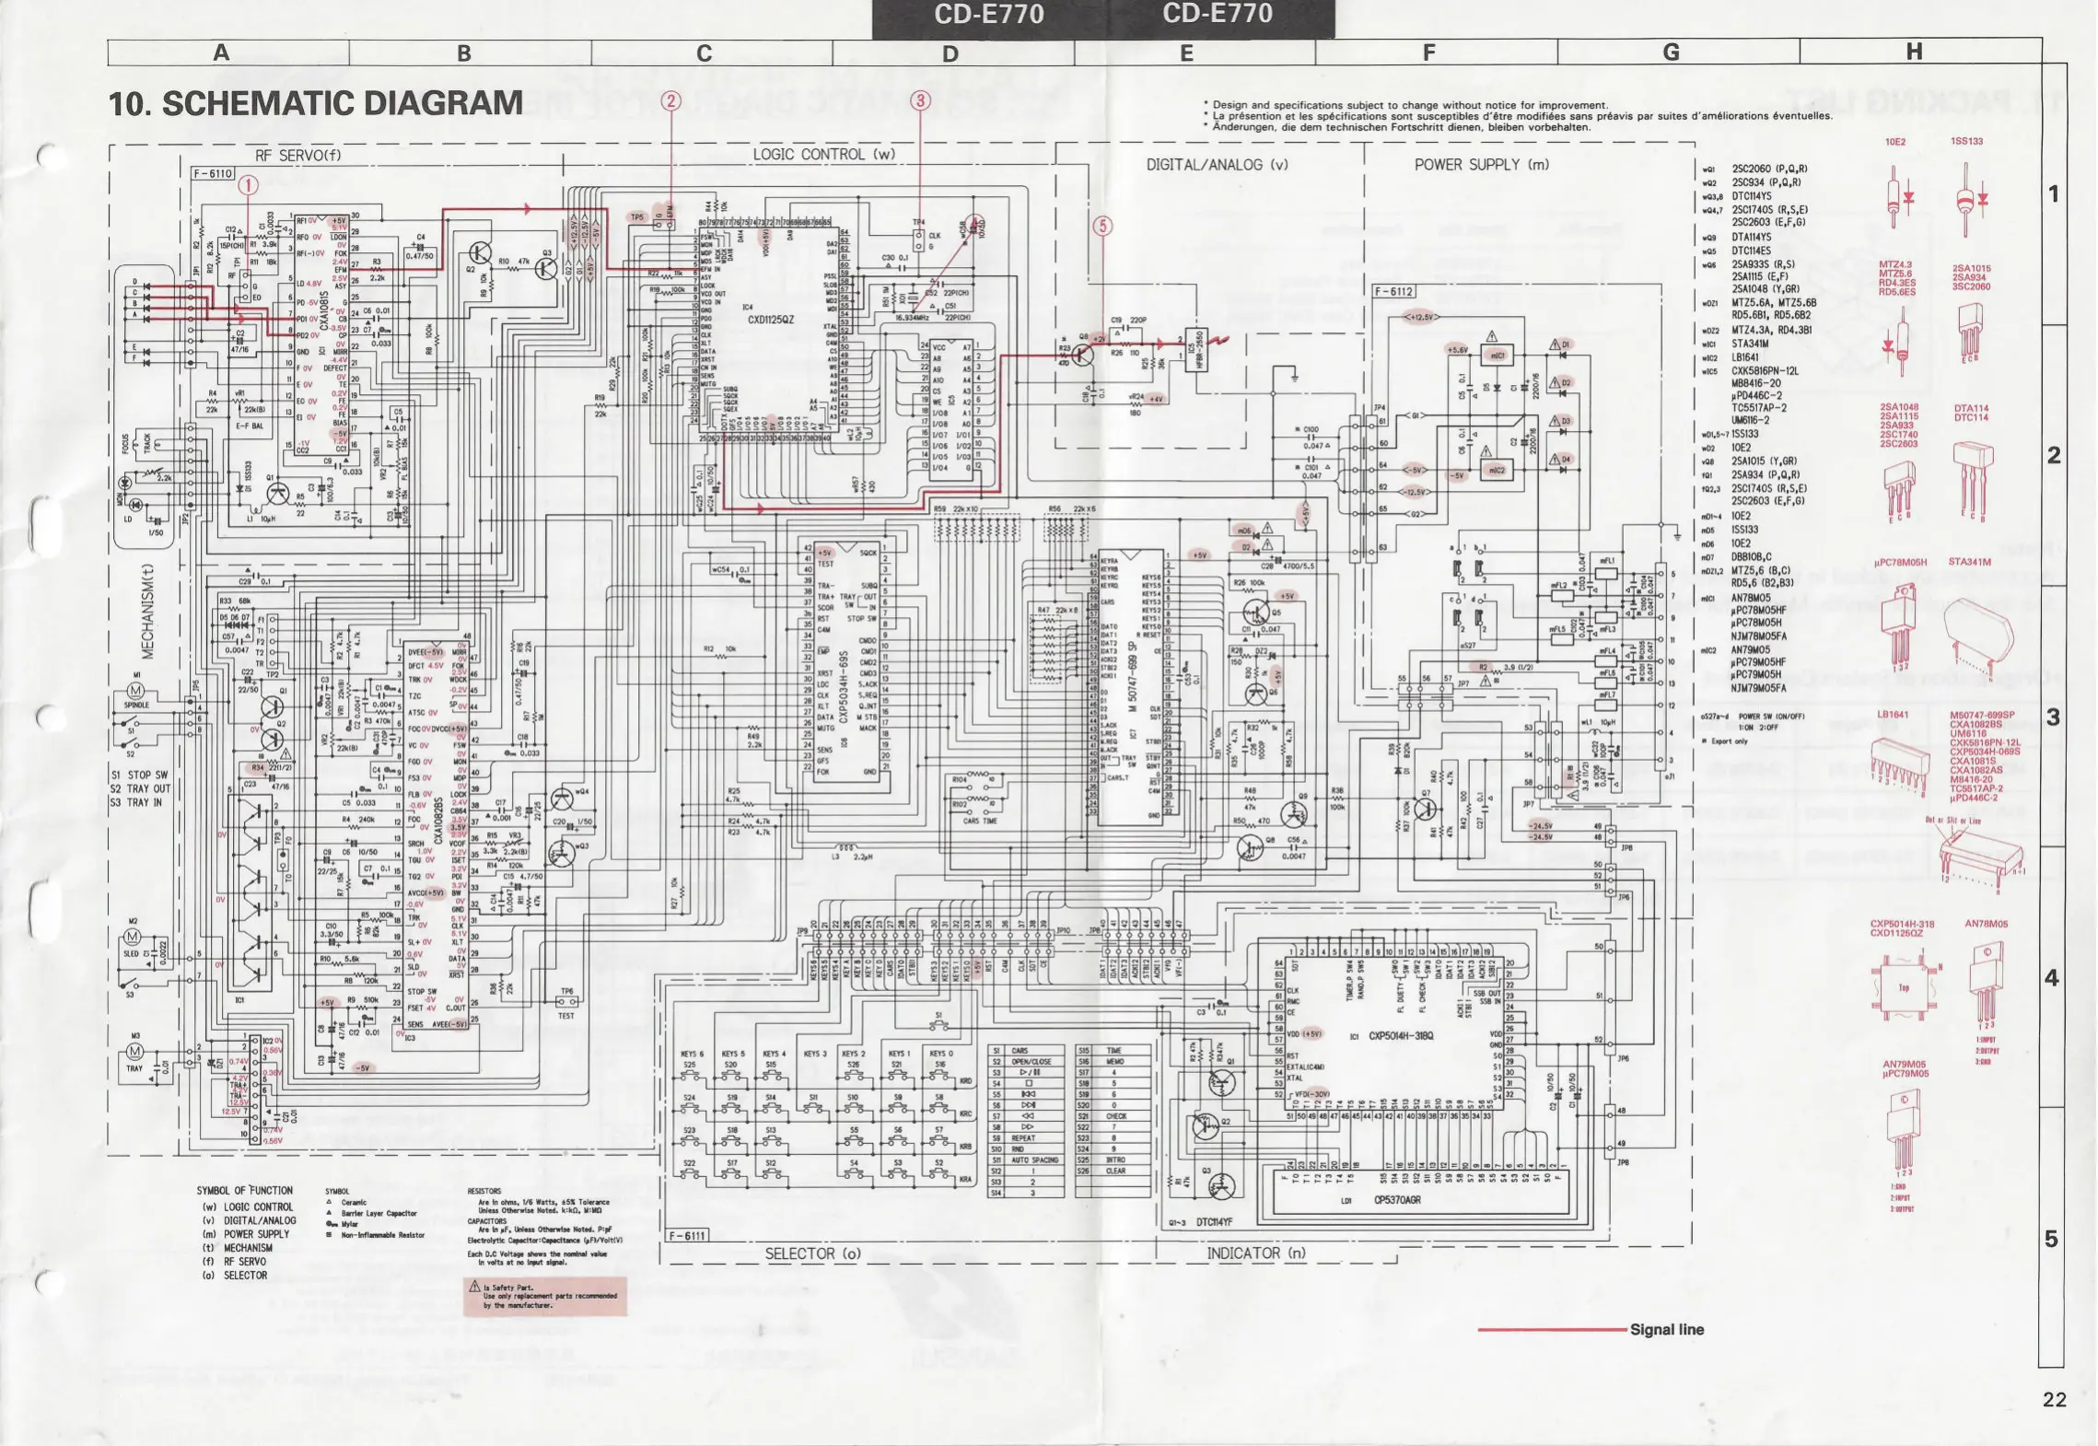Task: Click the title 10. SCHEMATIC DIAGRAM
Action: click(x=316, y=103)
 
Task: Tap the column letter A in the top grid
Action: click(x=221, y=52)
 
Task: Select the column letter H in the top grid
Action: click(x=1914, y=52)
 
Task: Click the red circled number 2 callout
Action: click(x=671, y=101)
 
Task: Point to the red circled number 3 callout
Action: click(x=920, y=101)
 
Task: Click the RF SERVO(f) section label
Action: click(x=297, y=156)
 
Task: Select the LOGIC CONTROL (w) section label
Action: click(x=823, y=155)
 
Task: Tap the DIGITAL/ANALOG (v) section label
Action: click(x=1217, y=165)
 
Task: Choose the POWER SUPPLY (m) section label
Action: click(x=1482, y=165)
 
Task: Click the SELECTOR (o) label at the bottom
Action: click(x=812, y=1254)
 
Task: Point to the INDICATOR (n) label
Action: click(x=1256, y=1253)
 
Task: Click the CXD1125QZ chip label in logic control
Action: click(x=771, y=320)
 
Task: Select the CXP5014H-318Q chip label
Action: click(x=1407, y=1035)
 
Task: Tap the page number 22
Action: click(x=2054, y=1400)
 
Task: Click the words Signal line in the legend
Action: click(x=1666, y=1330)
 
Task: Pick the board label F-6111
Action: click(x=687, y=1236)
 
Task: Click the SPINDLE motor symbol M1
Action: click(x=135, y=691)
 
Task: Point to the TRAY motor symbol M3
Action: click(x=135, y=1051)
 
